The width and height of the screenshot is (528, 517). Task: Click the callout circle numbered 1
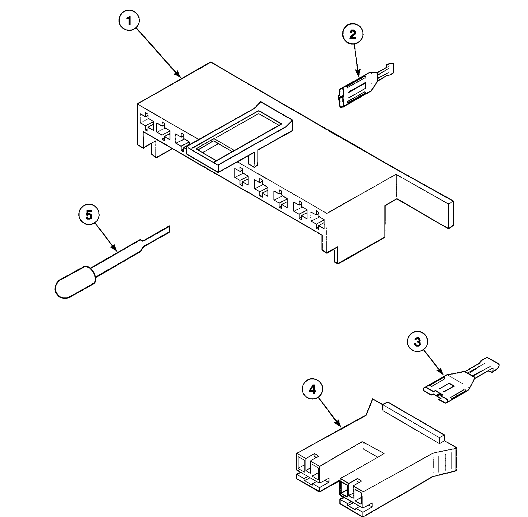(129, 21)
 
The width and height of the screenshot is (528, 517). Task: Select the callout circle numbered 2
(352, 34)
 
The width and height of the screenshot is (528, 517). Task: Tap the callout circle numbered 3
(417, 342)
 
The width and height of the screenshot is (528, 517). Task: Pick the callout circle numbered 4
(313, 390)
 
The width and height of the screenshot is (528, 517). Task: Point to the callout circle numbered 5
(89, 215)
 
